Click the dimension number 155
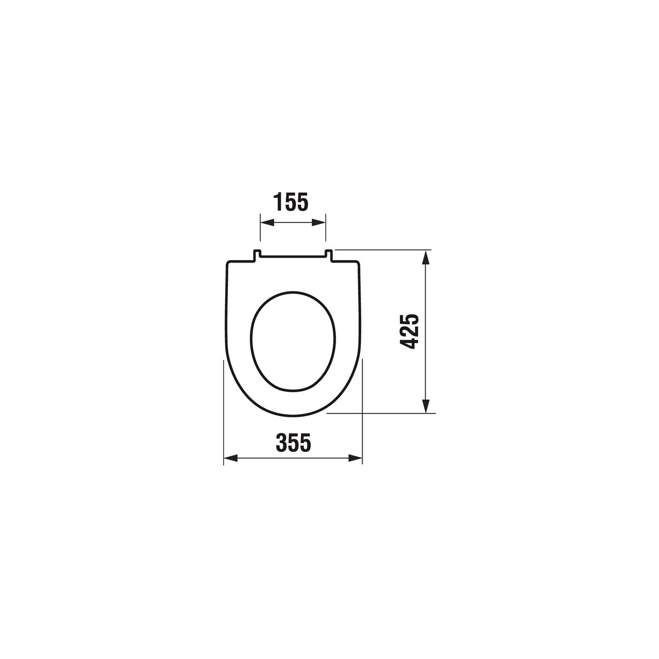point(291,202)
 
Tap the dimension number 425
point(409,331)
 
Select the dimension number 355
point(293,443)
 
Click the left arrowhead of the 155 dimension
point(267,223)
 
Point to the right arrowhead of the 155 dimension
point(319,223)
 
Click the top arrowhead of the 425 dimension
point(425,257)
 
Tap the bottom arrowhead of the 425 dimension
point(425,406)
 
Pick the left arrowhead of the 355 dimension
point(231,458)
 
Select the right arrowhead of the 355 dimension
point(355,458)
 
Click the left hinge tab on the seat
point(257,256)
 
